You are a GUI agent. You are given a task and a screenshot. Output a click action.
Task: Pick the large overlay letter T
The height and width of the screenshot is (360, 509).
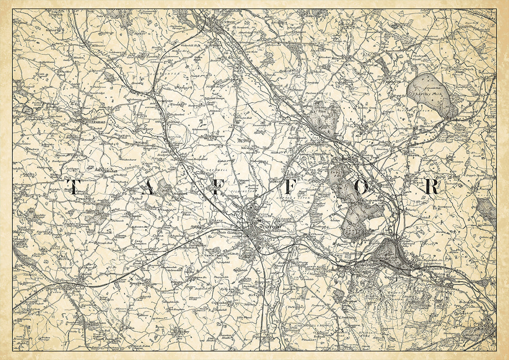tap(72, 187)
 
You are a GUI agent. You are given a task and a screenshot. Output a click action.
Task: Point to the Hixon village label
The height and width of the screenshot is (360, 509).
tap(418, 182)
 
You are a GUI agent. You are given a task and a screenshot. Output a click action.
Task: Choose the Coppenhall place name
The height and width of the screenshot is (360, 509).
tap(221, 303)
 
